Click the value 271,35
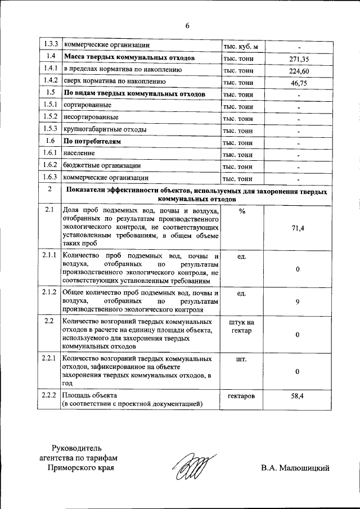click(300, 59)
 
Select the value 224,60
click(300, 71)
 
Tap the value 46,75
click(300, 83)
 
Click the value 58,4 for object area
click(297, 396)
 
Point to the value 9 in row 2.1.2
click(297, 302)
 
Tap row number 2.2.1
click(49, 358)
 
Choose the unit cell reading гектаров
click(242, 396)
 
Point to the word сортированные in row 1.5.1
click(87, 105)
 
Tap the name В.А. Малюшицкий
click(295, 468)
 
